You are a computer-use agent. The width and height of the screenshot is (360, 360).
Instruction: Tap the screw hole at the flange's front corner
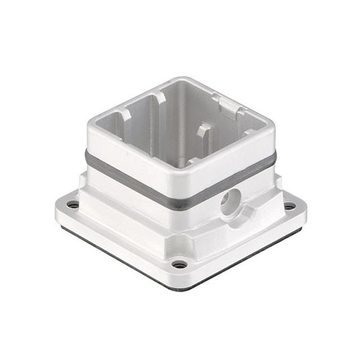(179, 264)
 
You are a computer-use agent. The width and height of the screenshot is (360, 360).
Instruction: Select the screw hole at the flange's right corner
(290, 206)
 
